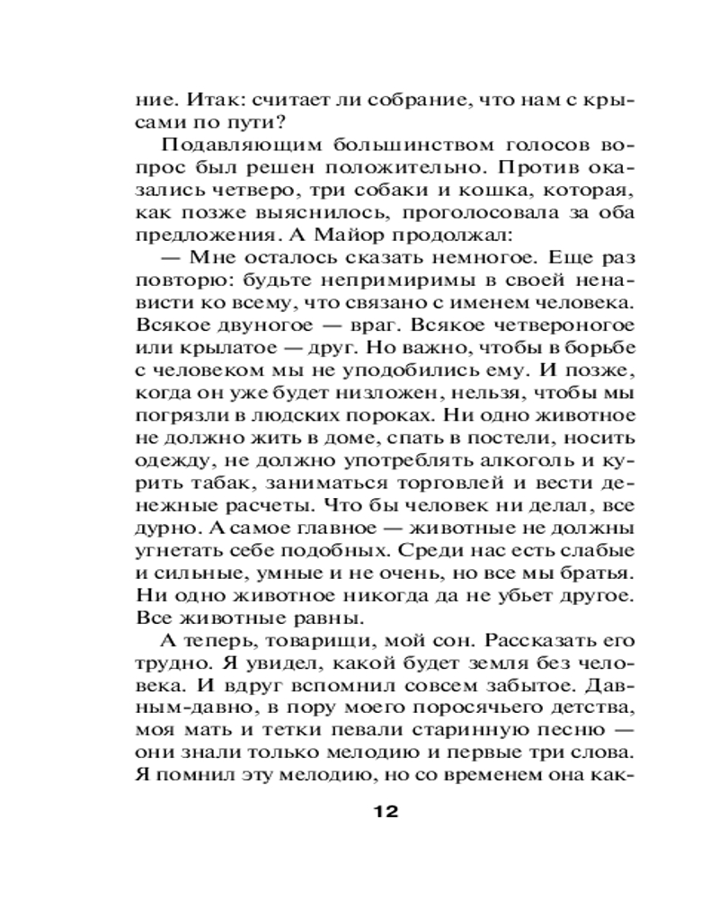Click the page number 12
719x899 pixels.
pos(384,810)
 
